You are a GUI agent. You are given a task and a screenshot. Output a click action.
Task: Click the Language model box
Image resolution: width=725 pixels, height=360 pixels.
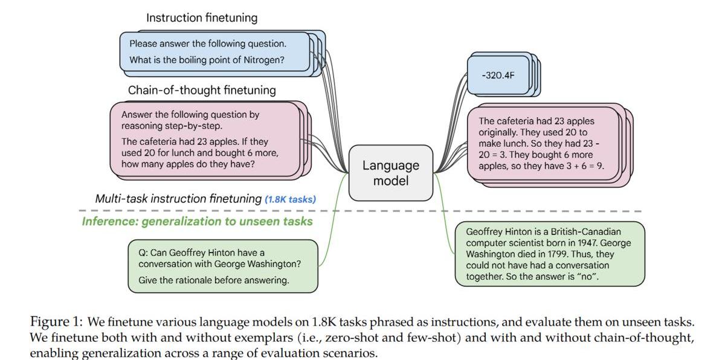click(390, 173)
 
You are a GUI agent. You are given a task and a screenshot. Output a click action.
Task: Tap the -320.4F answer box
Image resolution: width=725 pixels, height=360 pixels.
click(498, 76)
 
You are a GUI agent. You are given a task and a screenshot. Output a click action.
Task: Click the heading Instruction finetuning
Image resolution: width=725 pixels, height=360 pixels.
click(201, 18)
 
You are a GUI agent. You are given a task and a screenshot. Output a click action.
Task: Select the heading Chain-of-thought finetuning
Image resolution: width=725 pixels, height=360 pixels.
click(202, 91)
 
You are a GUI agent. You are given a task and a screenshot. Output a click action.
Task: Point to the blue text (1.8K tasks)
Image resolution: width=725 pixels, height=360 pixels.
click(290, 199)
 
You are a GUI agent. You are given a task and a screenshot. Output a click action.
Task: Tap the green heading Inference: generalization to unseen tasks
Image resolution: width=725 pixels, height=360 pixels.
click(198, 221)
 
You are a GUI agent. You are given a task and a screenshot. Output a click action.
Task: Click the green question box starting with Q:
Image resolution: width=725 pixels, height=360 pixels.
click(223, 266)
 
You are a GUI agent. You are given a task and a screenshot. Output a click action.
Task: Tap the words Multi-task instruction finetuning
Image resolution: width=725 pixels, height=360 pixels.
click(178, 199)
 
